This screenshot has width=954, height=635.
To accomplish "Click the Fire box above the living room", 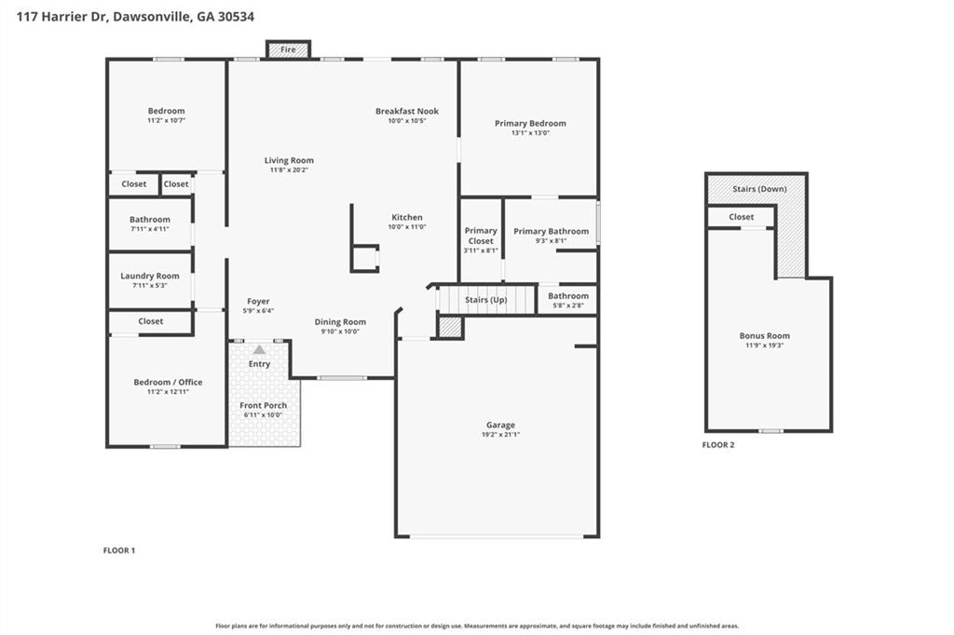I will coord(288,49).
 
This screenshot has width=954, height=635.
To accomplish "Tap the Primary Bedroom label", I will coord(530,123).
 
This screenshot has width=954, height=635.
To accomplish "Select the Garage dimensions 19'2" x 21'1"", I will coord(500,435).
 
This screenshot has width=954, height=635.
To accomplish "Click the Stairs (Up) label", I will coord(486,300).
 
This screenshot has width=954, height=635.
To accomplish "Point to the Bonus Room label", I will coord(764,335).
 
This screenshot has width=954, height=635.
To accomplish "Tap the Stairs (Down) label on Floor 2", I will coord(760,189).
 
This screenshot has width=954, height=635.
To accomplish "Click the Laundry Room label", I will coord(150,276).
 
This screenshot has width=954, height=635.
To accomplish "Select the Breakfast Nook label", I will coord(406,111).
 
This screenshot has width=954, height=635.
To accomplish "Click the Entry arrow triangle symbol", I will coord(259,349).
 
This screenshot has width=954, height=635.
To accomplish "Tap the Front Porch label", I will coord(264,405).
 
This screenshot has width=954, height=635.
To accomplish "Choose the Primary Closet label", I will coord(481,236).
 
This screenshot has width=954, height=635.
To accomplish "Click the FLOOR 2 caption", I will coord(718,445).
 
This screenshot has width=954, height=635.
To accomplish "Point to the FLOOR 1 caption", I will coord(119,550).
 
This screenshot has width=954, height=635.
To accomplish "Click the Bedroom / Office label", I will coord(168,382).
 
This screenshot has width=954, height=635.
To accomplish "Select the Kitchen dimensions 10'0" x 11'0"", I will coord(407,227).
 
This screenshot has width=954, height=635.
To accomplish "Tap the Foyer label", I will coord(258,301).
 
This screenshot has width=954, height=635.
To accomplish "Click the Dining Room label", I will coord(340,321).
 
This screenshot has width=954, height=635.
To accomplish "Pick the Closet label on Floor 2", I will coord(742,217).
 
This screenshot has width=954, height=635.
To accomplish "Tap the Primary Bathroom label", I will coord(551,231).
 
